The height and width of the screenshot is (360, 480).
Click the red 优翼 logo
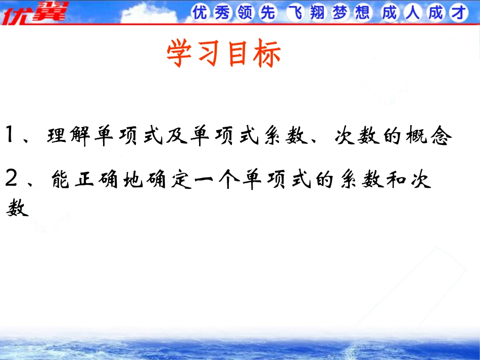(x=34, y=13)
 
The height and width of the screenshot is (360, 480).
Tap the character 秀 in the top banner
(x=222, y=13)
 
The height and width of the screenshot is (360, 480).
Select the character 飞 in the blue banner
(x=295, y=13)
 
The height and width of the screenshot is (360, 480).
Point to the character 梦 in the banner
(x=340, y=13)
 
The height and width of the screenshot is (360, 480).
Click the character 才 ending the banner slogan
(x=458, y=13)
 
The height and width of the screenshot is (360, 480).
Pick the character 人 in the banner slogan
(x=412, y=13)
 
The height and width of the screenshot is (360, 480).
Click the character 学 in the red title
(x=179, y=53)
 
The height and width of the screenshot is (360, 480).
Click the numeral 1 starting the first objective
(x=10, y=134)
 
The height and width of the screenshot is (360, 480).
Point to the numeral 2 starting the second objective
(x=11, y=178)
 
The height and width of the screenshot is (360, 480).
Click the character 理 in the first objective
(x=57, y=135)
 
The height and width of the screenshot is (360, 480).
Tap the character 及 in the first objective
(x=177, y=135)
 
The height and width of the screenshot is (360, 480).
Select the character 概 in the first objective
(x=417, y=135)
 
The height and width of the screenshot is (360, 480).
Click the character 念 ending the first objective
(x=441, y=135)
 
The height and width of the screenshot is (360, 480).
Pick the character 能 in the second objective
(x=61, y=179)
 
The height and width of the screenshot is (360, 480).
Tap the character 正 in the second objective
(x=84, y=179)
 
